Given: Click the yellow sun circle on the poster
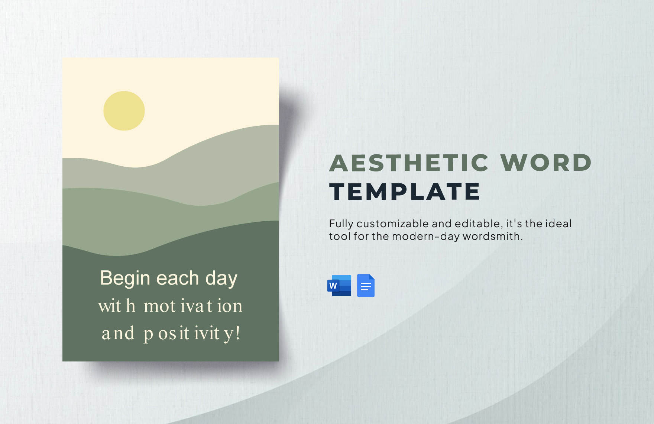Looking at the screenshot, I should (124, 111).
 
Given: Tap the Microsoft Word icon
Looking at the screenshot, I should (339, 286).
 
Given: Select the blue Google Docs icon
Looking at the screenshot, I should (366, 286).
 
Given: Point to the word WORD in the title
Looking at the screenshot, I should (546, 163).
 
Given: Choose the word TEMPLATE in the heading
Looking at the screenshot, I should (405, 192).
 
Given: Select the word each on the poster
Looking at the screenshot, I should (178, 278).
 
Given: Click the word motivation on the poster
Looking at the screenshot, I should (193, 306).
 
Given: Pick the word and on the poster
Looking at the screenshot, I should (118, 334).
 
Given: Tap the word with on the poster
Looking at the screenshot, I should (117, 306).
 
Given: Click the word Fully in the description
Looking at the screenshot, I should (341, 224).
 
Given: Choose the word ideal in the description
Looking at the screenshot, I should (559, 224).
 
